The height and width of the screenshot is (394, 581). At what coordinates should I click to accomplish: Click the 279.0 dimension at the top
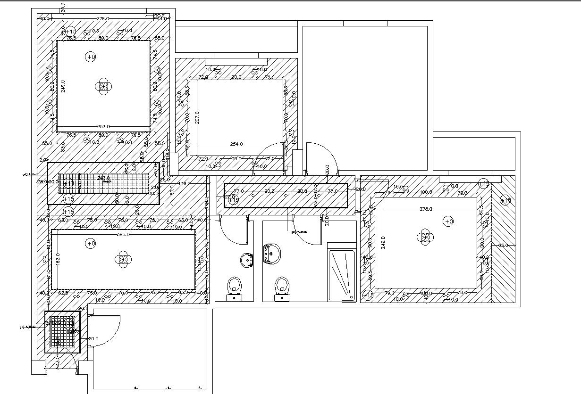[x=103, y=18]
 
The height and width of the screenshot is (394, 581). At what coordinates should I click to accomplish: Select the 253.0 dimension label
[x=103, y=126]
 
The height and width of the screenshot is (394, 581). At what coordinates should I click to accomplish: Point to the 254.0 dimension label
[x=236, y=144]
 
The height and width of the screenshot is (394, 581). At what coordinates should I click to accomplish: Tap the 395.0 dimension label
[x=123, y=234]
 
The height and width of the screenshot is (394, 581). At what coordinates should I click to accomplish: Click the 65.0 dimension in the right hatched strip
[x=503, y=245]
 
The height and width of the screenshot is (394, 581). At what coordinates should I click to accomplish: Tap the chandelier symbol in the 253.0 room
[x=103, y=86]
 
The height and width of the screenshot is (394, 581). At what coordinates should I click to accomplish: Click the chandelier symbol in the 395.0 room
[x=123, y=259]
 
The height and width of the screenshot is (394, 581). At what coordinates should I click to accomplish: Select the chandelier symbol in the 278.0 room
[x=426, y=238]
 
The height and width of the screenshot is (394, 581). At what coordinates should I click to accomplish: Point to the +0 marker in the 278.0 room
[x=448, y=221]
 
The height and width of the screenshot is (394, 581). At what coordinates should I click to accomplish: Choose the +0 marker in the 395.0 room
[x=90, y=243]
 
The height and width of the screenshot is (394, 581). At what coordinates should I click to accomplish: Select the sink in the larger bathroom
[x=271, y=254]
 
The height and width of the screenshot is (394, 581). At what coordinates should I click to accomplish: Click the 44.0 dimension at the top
[x=162, y=18]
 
